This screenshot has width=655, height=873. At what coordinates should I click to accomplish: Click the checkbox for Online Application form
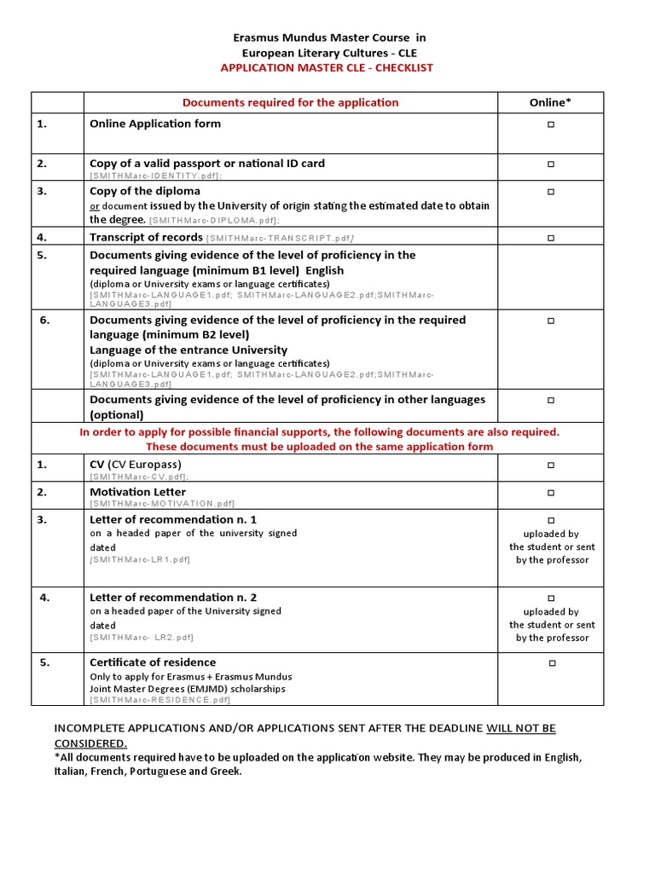pyautogui.click(x=550, y=124)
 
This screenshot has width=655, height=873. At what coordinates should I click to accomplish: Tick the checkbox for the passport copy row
pyautogui.click(x=550, y=164)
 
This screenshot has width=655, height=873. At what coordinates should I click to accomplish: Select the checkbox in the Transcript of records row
pyautogui.click(x=550, y=238)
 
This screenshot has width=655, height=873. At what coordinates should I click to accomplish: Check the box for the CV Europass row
pyautogui.click(x=550, y=465)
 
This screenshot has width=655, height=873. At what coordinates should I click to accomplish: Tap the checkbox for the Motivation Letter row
pyautogui.click(x=550, y=493)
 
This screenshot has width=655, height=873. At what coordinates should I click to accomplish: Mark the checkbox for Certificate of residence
pyautogui.click(x=550, y=663)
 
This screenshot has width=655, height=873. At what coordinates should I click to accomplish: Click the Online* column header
pyautogui.click(x=550, y=102)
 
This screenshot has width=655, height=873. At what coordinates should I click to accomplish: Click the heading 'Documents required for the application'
pyautogui.click(x=290, y=102)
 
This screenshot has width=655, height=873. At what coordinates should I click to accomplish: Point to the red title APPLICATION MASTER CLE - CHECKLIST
pyautogui.click(x=327, y=67)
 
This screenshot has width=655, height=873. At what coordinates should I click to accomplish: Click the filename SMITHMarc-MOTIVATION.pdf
pyautogui.click(x=161, y=504)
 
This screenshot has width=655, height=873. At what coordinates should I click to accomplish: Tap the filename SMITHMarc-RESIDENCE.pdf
pyautogui.click(x=159, y=700)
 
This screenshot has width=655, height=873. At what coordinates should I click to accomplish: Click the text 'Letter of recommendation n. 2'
pyautogui.click(x=173, y=598)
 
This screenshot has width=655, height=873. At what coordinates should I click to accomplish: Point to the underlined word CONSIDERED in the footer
pyautogui.click(x=90, y=743)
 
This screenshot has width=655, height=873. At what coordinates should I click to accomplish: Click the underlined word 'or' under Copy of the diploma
pyautogui.click(x=95, y=206)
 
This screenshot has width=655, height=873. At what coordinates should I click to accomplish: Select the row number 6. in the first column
pyautogui.click(x=45, y=321)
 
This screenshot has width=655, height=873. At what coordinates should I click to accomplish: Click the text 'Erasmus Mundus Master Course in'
pyautogui.click(x=329, y=38)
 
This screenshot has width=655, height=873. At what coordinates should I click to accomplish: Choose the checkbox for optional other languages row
pyautogui.click(x=550, y=400)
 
